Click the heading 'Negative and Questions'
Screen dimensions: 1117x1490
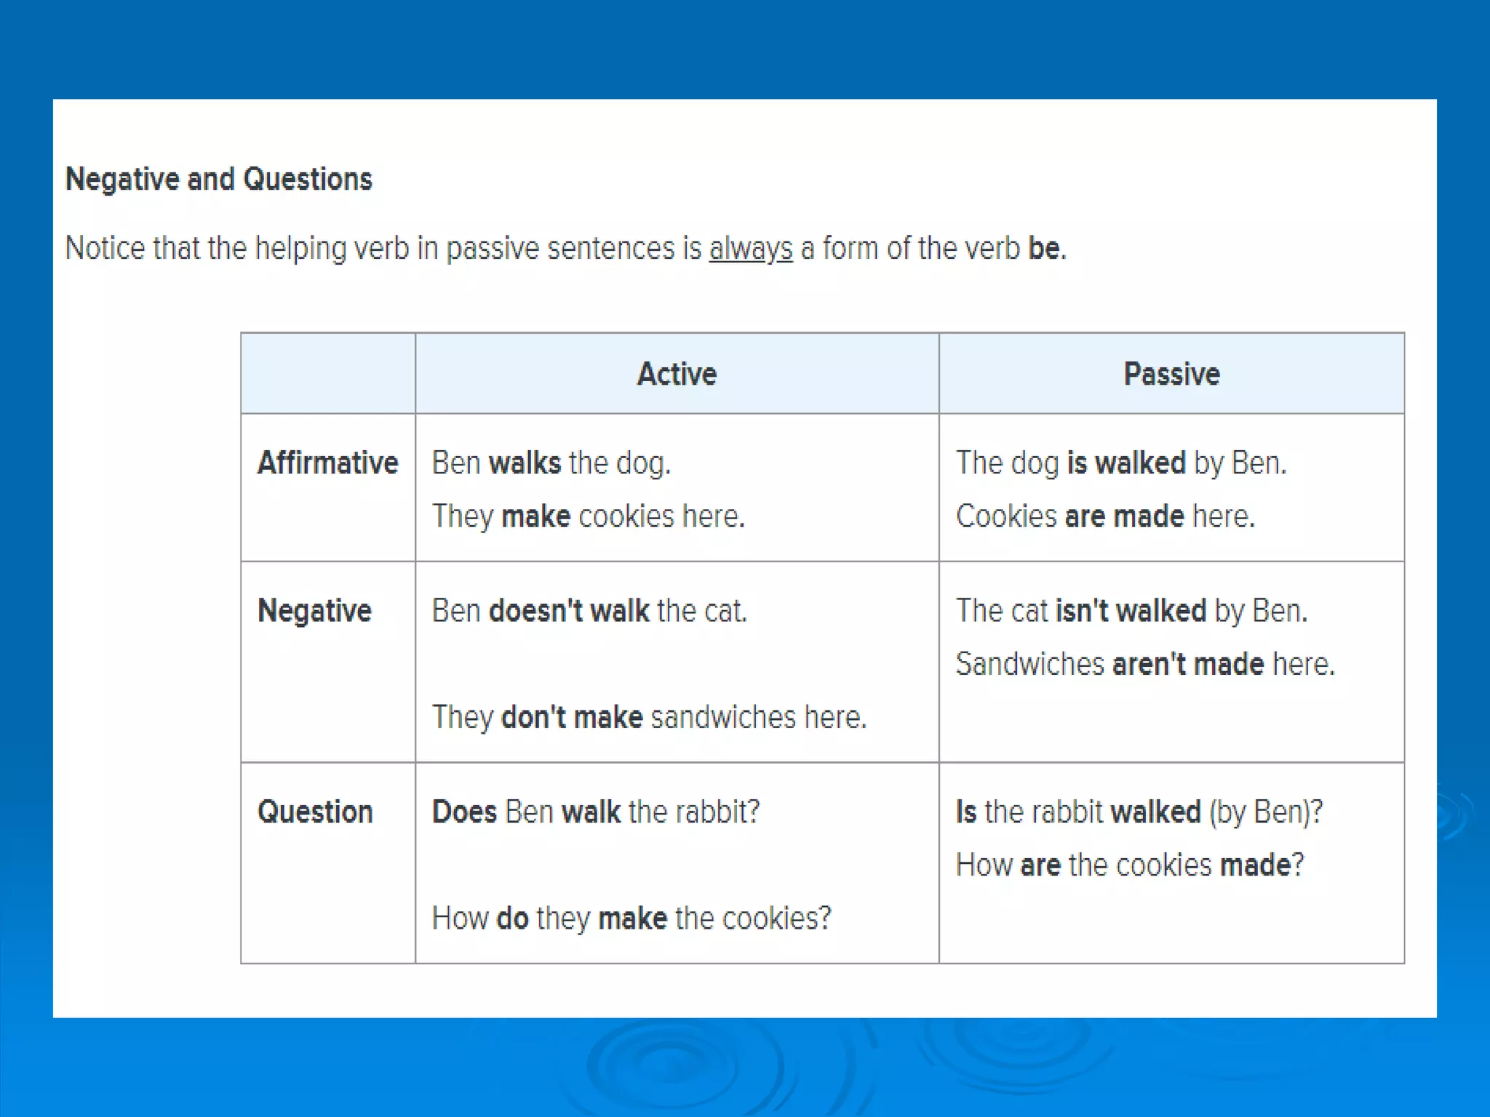pos(218,179)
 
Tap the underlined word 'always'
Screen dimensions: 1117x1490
pos(750,249)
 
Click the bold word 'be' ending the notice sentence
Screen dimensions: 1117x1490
pos(1043,249)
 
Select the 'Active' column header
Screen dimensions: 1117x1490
pos(677,374)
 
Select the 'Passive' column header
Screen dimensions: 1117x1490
pos(1171,374)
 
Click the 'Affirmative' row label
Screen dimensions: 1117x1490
pos(327,463)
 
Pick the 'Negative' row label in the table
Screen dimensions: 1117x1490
pos(314,611)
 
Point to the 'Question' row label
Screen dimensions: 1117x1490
pos(315,812)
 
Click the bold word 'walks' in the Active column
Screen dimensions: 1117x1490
pos(525,463)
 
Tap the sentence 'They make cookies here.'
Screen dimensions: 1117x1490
pos(588,516)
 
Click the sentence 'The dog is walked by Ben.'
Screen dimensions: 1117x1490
pos(1121,463)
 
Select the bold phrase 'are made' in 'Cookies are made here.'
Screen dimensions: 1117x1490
pos(1124,516)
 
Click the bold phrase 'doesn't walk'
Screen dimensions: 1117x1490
pos(569,611)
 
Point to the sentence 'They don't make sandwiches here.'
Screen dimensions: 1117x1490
pos(649,718)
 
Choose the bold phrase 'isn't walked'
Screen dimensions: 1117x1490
pos(1131,611)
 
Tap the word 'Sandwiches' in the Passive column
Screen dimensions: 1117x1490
pos(1029,664)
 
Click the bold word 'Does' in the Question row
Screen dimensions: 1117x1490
pos(464,812)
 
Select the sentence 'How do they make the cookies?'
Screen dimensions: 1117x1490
pos(631,918)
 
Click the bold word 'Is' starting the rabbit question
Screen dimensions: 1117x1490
pos(965,812)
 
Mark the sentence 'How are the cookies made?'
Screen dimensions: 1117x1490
pos(1130,865)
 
